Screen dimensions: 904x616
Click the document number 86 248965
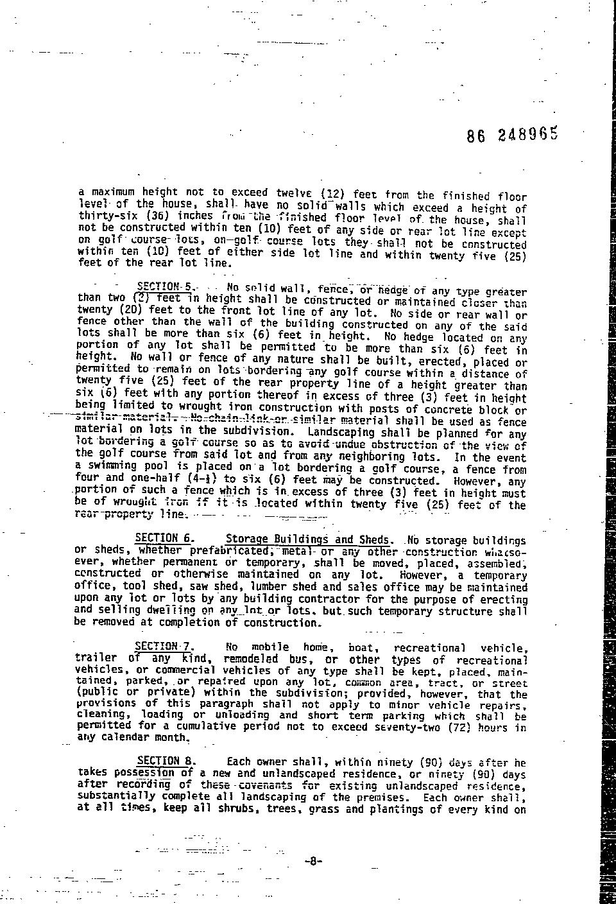(513, 135)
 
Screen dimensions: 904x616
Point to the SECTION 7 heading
(163, 647)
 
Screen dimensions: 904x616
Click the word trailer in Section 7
(96, 657)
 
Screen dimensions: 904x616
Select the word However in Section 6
(422, 575)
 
